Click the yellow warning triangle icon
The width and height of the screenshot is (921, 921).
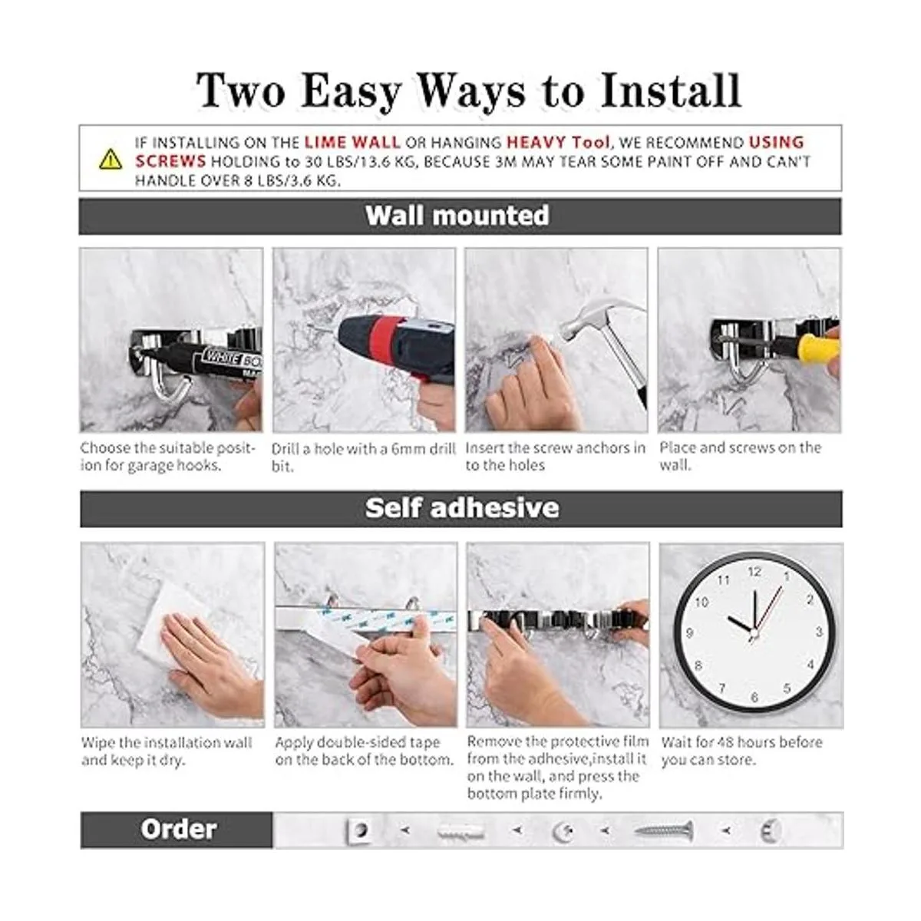pos(111,160)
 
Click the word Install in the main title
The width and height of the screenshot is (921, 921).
pos(670,91)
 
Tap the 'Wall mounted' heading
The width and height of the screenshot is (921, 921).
pos(457,216)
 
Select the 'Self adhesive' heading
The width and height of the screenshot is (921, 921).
pos(462,507)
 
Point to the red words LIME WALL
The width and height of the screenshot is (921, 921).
pos(352,143)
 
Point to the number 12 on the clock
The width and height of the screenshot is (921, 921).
pos(754,572)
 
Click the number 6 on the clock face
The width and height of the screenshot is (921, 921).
pos(754,697)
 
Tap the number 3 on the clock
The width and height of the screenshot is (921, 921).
pos(819,632)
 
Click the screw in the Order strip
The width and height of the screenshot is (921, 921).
pos(664,830)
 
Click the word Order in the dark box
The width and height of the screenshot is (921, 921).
pos(178,829)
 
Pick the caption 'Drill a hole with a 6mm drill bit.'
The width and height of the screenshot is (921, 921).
pos(363,457)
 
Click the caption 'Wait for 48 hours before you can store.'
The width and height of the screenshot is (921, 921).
pos(741,751)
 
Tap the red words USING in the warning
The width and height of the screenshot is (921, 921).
pos(776,143)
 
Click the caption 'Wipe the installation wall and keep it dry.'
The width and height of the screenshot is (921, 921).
pos(167,751)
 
